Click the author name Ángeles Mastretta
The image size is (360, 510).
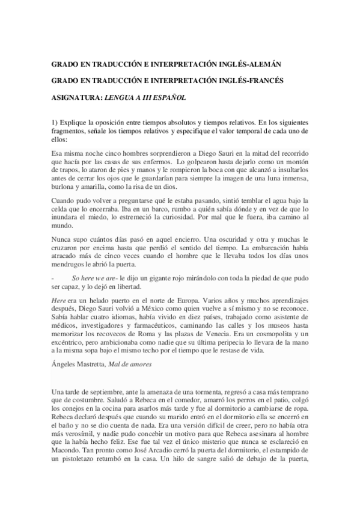coord(78,364)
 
